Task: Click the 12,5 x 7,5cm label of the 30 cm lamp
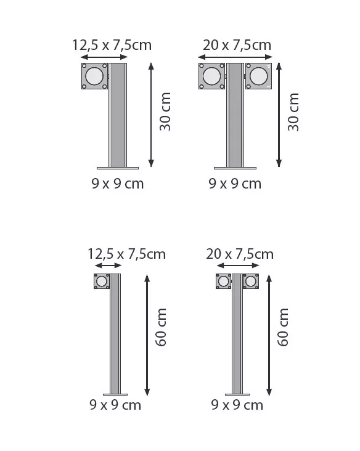tap(112, 45)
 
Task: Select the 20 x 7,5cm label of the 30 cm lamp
tap(237, 45)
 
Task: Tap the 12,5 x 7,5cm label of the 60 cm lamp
tap(127, 254)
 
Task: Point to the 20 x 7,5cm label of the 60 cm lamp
tap(240, 254)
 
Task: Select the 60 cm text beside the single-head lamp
tap(162, 327)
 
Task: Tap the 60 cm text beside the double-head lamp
tap(284, 327)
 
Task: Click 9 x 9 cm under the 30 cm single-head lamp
tap(117, 184)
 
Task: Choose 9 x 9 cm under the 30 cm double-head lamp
tap(235, 184)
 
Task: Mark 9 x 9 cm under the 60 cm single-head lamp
tap(115, 405)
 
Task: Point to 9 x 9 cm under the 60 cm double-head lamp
tap(237, 405)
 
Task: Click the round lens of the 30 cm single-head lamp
tap(94, 76)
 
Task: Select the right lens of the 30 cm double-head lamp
tap(258, 76)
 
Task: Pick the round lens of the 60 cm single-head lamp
tap(102, 282)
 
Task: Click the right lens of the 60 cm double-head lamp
tap(250, 282)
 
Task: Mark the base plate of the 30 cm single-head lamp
tap(117, 168)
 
